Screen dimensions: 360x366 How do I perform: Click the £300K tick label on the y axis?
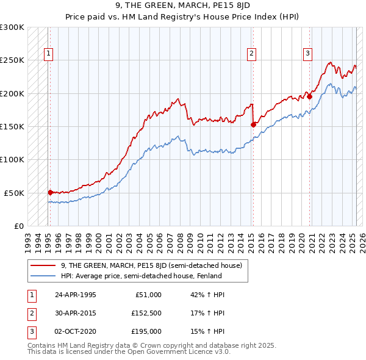(12, 27)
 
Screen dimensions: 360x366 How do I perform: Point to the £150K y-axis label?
(12, 126)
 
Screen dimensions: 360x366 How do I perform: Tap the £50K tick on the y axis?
(14, 193)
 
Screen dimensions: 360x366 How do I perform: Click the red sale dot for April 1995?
(51, 192)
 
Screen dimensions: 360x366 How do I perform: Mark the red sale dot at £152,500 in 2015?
(253, 124)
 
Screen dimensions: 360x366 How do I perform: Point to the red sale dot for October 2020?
(309, 96)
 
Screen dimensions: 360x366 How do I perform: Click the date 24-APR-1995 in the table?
(76, 295)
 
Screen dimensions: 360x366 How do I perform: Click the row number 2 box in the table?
(30, 313)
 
